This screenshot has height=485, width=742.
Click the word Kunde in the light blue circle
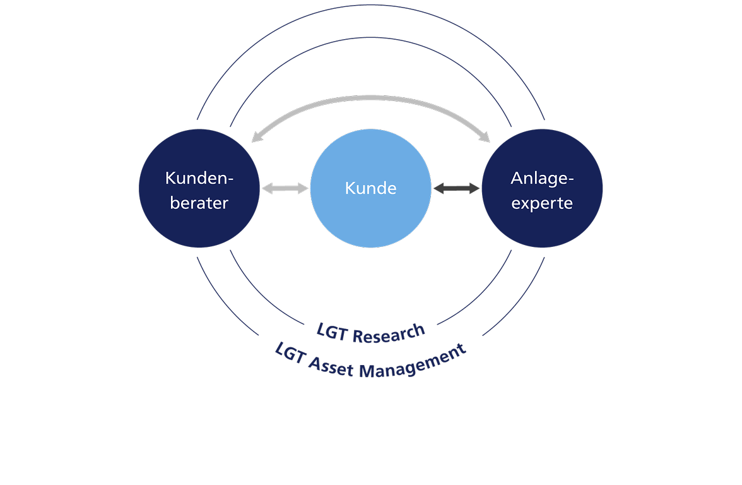[x=370, y=188]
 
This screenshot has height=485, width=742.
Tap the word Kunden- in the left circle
[x=199, y=178]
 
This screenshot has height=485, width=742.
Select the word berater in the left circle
[x=199, y=203]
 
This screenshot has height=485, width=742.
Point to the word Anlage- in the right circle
[x=543, y=179]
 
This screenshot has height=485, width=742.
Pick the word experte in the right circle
[x=542, y=203]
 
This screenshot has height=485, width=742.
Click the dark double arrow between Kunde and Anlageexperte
[x=456, y=188]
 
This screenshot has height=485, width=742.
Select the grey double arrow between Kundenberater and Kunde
[x=285, y=188]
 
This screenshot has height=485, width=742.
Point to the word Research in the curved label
[x=389, y=334]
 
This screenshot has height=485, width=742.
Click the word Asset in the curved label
[x=331, y=366]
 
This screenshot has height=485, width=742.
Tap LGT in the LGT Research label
[x=332, y=332]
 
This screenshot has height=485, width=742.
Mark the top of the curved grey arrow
[x=370, y=98]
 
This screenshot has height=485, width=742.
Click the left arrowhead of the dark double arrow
[x=439, y=188]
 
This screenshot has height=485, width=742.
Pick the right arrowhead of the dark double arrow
[x=474, y=188]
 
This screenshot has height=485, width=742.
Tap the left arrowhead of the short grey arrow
[x=268, y=188]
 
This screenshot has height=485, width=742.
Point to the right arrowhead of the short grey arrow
[x=303, y=188]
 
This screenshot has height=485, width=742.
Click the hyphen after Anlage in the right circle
[x=570, y=179]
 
